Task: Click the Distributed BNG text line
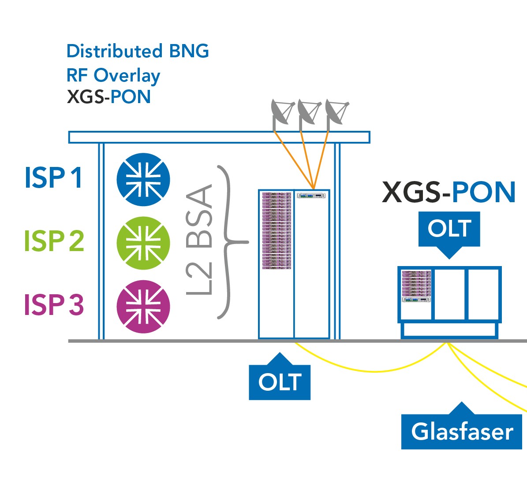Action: point(138,51)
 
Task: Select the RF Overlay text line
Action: point(113,75)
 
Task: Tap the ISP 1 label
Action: point(53,178)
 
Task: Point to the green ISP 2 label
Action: point(54,241)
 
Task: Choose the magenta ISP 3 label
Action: point(54,304)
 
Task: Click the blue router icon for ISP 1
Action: point(143,179)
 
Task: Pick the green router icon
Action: point(143,243)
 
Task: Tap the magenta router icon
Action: point(143,307)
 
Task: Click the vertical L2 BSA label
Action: point(200,240)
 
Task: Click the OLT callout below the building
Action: point(280,381)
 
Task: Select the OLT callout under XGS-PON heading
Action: point(449,229)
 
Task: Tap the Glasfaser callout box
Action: point(462,431)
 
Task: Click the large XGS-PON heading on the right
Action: point(449,192)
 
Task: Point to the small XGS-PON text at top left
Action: point(108,97)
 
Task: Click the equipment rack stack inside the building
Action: point(277,230)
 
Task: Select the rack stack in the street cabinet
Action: point(416,286)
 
